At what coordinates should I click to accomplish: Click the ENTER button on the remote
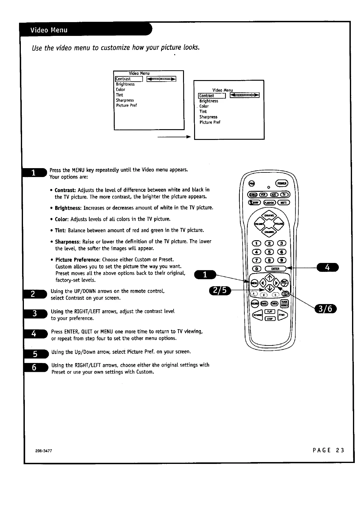pyautogui.click(x=275, y=269)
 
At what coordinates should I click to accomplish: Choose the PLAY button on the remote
pyautogui.click(x=270, y=311)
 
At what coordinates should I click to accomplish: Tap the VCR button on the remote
pyautogui.click(x=264, y=195)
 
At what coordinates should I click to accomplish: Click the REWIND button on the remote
pyautogui.click(x=257, y=315)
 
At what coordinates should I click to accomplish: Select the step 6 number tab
pyautogui.click(x=35, y=367)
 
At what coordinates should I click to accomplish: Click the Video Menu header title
pyautogui.click(x=49, y=30)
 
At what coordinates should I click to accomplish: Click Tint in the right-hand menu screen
pyautogui.click(x=203, y=112)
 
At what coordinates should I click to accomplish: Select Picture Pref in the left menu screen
pyautogui.click(x=126, y=106)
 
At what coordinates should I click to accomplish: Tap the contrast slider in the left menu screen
pyautogui.click(x=161, y=79)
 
